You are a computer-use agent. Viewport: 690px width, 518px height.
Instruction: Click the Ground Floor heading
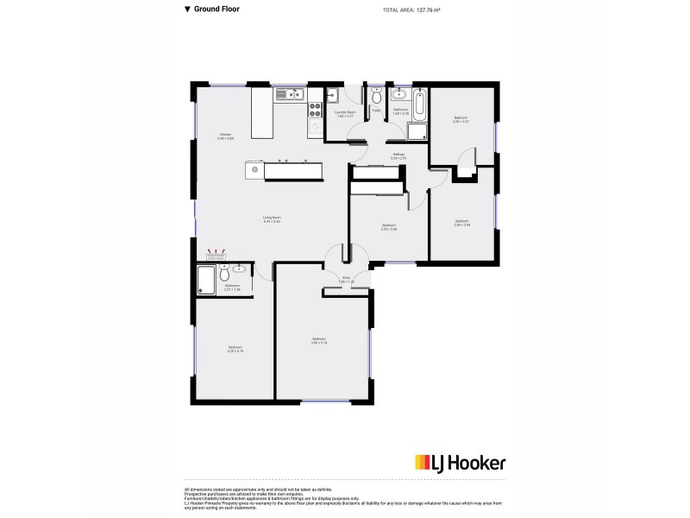pyautogui.click(x=216, y=9)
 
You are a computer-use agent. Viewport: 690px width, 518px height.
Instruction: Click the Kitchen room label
pyautogui.click(x=225, y=136)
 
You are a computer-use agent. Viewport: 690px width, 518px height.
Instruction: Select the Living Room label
pyautogui.click(x=272, y=218)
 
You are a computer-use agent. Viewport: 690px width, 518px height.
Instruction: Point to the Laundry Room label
pyautogui.click(x=346, y=113)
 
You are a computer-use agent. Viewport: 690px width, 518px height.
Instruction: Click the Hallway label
pyautogui.click(x=398, y=156)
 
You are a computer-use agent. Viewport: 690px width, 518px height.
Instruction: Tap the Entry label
pyautogui.click(x=346, y=280)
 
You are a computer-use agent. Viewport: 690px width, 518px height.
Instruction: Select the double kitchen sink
pyautogui.click(x=286, y=92)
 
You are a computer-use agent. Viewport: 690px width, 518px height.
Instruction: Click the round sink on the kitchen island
pyautogui.click(x=254, y=169)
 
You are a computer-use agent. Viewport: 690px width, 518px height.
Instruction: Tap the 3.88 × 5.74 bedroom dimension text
pyautogui.click(x=319, y=341)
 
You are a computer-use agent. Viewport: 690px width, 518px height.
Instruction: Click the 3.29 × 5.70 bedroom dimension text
pyautogui.click(x=235, y=350)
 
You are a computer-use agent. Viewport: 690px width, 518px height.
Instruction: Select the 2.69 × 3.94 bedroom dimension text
pyautogui.click(x=462, y=223)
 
